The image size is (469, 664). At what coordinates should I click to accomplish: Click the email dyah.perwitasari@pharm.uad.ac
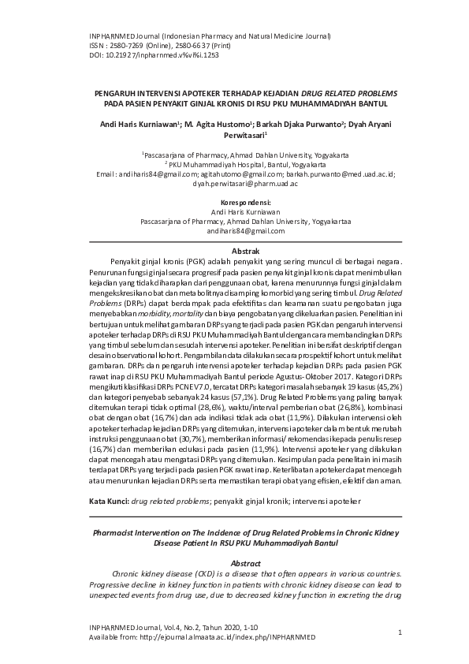[245, 183]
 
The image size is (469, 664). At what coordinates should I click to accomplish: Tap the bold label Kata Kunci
[109, 501]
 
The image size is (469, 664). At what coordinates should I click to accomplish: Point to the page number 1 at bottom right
[400, 632]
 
